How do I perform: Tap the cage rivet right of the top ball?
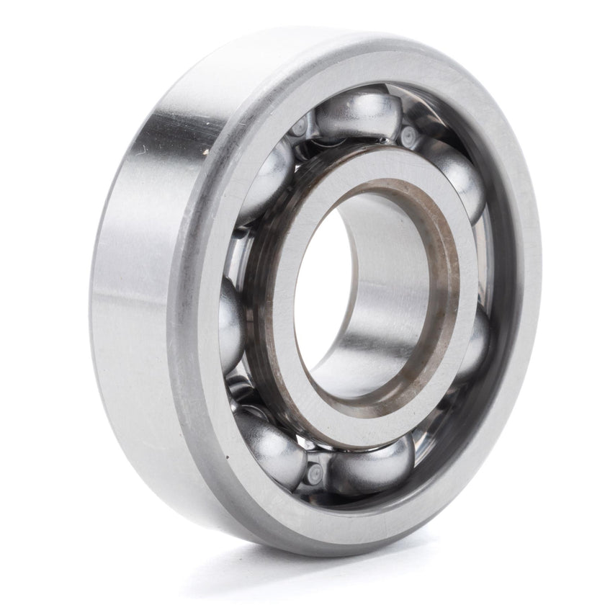click(409, 135)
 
